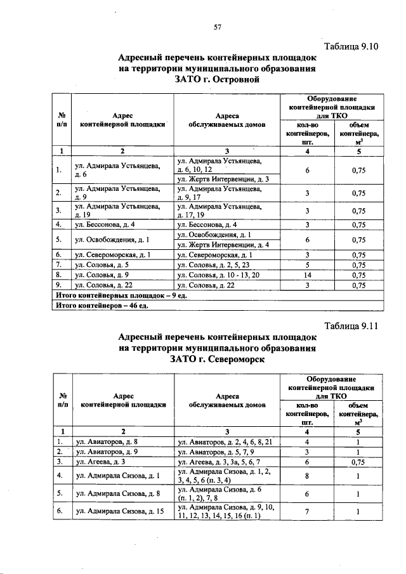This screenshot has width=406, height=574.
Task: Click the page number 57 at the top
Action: click(x=216, y=27)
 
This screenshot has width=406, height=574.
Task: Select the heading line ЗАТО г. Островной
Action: click(x=216, y=81)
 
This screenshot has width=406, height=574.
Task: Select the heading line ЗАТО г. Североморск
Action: click(x=216, y=360)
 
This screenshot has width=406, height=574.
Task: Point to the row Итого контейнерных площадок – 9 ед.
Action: click(x=120, y=296)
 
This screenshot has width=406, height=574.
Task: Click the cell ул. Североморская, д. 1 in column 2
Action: click(x=112, y=255)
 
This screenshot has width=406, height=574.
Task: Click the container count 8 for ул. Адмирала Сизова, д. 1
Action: click(x=307, y=475)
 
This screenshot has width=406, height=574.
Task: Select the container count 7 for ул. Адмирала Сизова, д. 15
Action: click(x=307, y=511)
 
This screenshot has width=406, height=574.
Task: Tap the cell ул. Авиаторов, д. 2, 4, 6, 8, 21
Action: click(x=225, y=441)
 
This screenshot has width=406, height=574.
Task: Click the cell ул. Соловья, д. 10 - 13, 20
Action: click(x=219, y=276)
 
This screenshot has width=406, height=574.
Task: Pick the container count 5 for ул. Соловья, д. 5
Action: click(x=307, y=266)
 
